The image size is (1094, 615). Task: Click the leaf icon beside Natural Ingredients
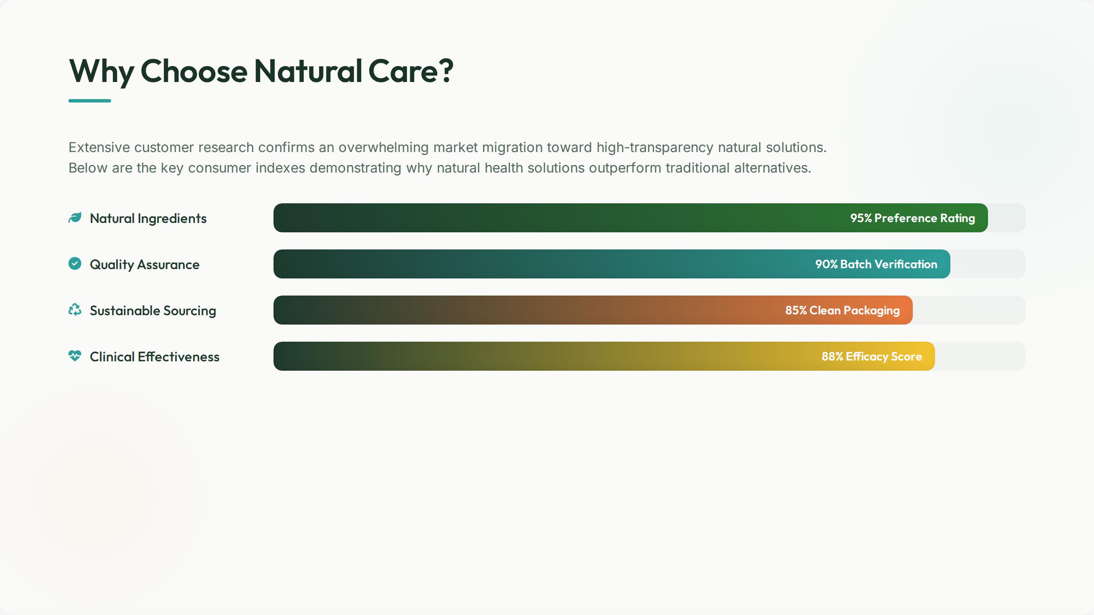click(x=75, y=218)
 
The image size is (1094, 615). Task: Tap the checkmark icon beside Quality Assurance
click(x=75, y=264)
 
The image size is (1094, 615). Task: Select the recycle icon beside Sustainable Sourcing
click(x=75, y=310)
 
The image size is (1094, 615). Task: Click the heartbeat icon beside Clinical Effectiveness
click(x=75, y=356)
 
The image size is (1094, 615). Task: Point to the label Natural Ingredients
click(x=148, y=218)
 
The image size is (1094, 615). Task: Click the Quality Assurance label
click(x=144, y=264)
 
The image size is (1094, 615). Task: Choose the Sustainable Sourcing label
click(x=153, y=310)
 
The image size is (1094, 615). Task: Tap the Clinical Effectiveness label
click(x=155, y=357)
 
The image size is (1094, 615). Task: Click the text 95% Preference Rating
click(x=913, y=218)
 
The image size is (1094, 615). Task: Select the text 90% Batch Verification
click(x=876, y=264)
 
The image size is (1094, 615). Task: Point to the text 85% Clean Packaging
click(x=843, y=310)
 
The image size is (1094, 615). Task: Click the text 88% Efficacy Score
click(x=872, y=357)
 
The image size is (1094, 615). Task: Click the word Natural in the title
click(x=308, y=71)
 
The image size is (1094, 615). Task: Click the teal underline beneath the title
click(x=90, y=101)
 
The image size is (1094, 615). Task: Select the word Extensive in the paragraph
click(x=99, y=147)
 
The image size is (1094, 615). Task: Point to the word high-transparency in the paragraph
click(x=655, y=148)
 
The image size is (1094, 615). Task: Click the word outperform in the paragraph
click(x=625, y=168)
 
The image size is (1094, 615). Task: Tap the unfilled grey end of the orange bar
click(x=969, y=310)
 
